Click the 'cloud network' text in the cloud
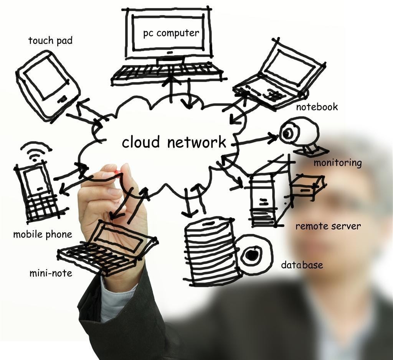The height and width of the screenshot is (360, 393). click(174, 142)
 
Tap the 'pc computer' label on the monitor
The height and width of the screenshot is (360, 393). click(171, 33)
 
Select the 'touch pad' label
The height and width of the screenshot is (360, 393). click(50, 41)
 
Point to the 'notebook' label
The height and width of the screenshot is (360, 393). click(317, 107)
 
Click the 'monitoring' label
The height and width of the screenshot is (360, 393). click(338, 163)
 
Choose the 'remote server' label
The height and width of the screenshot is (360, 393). click(328, 226)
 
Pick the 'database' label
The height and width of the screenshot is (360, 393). click(302, 265)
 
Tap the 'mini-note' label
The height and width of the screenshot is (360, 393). click(51, 273)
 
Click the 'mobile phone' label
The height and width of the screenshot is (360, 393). click(43, 235)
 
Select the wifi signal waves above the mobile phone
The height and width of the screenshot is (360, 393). click(36, 151)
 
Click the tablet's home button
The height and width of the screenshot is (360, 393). click(62, 99)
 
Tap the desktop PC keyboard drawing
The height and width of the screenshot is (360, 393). click(167, 73)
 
